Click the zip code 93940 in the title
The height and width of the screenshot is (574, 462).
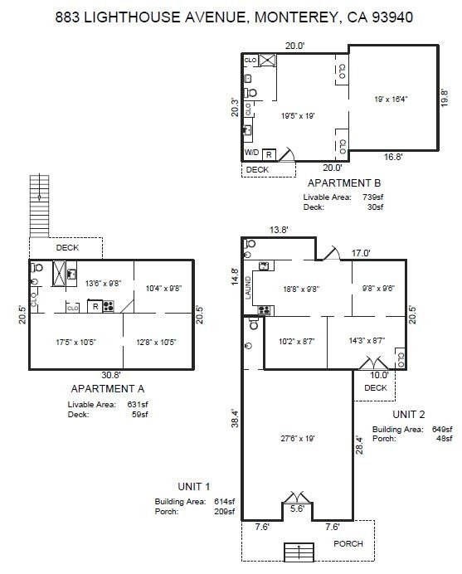(x=392, y=17)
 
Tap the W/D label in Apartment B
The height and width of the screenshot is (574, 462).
(x=251, y=153)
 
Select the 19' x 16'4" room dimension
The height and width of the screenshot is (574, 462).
(x=391, y=99)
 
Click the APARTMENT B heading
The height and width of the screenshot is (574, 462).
(x=343, y=182)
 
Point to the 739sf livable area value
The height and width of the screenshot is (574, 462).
(x=372, y=197)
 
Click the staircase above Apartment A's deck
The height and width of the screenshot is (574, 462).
(x=39, y=206)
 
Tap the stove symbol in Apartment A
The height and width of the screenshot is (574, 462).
(x=109, y=306)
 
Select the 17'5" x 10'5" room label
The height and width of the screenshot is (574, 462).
(x=75, y=342)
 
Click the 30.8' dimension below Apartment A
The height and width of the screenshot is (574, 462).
(x=111, y=375)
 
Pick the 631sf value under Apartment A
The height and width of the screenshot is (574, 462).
(x=138, y=405)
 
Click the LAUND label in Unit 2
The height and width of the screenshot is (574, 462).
(x=248, y=288)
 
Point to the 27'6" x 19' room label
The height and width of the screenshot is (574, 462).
(x=298, y=438)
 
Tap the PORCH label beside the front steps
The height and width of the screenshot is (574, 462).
(x=348, y=543)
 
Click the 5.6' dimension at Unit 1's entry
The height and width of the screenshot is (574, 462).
(x=297, y=508)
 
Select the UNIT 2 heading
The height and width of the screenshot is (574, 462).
(x=409, y=415)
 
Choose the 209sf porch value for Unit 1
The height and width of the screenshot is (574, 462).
(x=225, y=512)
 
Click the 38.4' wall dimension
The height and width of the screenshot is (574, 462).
(x=235, y=418)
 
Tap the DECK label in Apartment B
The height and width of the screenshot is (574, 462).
(x=257, y=169)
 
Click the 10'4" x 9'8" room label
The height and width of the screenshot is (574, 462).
(x=163, y=288)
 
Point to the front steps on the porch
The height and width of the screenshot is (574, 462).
(x=299, y=552)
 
